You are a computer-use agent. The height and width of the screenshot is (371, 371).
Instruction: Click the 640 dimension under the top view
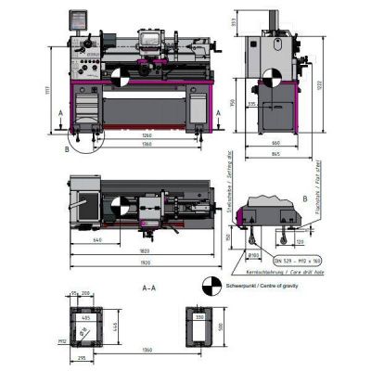click(x=97, y=239)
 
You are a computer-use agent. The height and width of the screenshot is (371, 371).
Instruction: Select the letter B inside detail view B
click(x=305, y=198)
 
